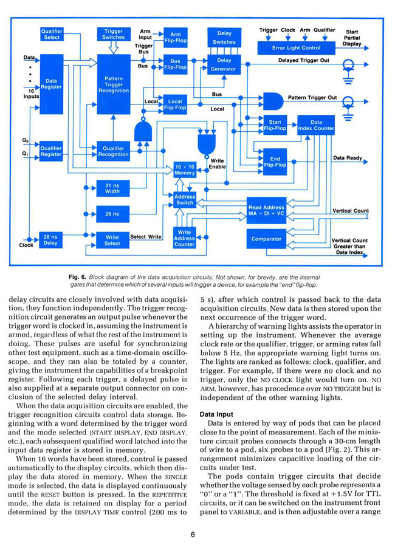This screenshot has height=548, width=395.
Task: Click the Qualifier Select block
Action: tap(52, 34)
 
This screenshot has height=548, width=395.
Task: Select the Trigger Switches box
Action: tap(113, 34)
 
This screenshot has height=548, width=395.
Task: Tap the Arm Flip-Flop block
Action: tap(176, 38)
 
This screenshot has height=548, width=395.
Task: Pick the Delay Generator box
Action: tap(224, 64)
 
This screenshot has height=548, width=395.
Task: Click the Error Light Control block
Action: tap(296, 48)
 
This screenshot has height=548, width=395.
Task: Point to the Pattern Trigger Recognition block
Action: tap(114, 84)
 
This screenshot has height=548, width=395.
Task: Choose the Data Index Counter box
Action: tap(316, 125)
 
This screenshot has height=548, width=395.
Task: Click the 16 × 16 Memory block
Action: tap(185, 170)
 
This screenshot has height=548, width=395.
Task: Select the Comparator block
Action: tap(266, 239)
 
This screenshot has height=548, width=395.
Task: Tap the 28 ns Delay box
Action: tap(50, 240)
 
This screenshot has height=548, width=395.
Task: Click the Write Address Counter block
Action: tap(184, 238)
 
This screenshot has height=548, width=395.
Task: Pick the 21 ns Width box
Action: tap(112, 188)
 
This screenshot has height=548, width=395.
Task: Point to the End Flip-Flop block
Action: tap(275, 162)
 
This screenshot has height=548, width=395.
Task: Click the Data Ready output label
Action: tap(348, 158)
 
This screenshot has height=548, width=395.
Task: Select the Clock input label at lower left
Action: tap(26, 245)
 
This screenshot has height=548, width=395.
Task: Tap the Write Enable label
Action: tap(217, 164)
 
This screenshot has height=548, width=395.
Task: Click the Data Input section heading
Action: tap(216, 414)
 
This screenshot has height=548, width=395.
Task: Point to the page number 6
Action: tap(193, 535)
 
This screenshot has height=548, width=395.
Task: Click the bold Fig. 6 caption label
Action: tap(77, 277)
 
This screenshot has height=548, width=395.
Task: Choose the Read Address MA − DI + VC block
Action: tap(266, 210)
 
